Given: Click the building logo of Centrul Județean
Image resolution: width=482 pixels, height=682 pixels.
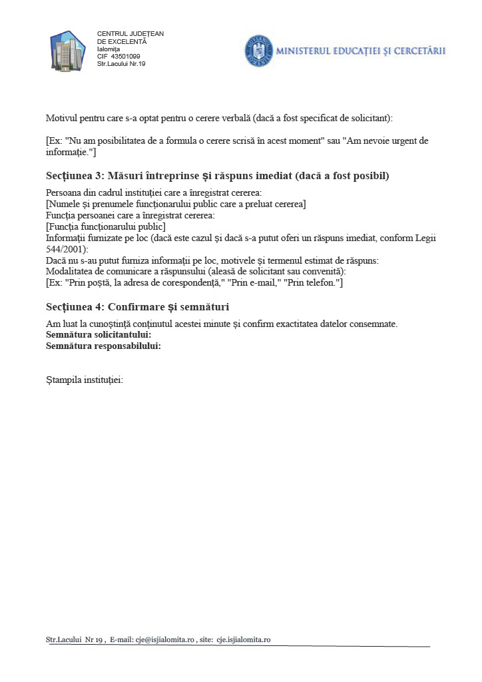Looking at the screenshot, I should point(68,50).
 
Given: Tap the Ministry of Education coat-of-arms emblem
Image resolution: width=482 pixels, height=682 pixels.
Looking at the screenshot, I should point(258,50).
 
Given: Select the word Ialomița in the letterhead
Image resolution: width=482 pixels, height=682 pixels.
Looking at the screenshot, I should point(109,49).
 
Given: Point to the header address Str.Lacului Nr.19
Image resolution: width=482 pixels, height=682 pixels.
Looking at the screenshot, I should point(121,64).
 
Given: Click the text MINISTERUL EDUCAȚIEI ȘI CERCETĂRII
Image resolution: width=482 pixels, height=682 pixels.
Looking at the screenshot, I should point(360,51).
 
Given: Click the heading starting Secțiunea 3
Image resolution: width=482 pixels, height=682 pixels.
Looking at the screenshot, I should point(217,176).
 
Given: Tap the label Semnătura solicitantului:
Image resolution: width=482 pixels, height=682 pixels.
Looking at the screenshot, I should point(99,334).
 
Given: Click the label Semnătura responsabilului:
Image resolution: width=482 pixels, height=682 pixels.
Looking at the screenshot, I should point(104,346).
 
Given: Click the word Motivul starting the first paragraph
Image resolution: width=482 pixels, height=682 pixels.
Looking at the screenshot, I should point(62,118).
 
